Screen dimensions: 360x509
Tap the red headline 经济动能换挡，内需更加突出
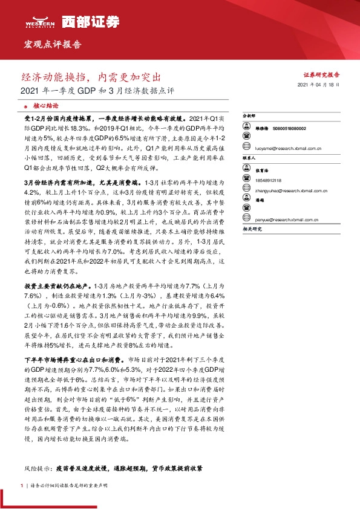point(91,78)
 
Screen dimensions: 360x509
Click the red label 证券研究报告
point(321,74)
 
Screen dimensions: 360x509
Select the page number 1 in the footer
point(22,485)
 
